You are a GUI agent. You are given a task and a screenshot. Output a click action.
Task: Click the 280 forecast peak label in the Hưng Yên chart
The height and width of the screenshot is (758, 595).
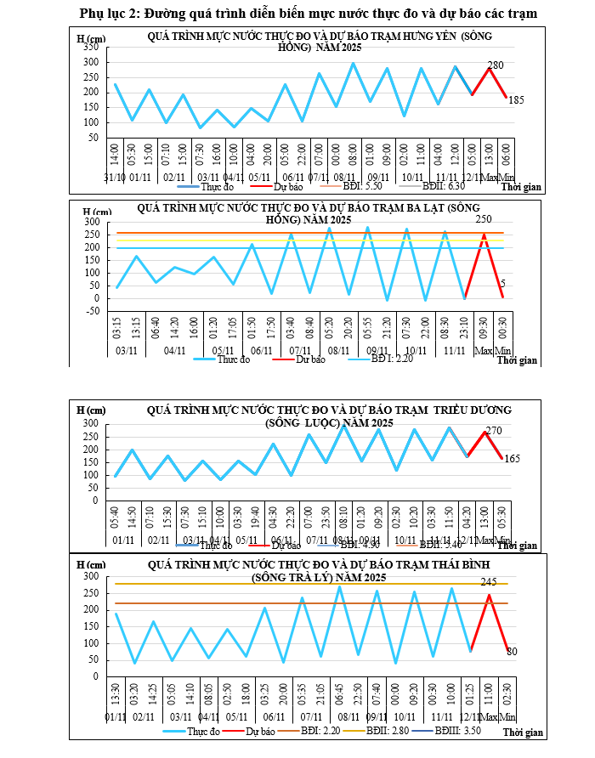tap(496, 65)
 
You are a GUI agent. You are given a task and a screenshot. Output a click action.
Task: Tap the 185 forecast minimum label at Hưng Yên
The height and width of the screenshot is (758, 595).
tap(516, 100)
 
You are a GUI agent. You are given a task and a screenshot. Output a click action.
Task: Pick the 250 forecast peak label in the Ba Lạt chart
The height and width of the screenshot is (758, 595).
tap(485, 219)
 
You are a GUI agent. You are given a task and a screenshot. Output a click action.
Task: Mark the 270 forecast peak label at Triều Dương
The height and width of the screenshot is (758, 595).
tap(494, 431)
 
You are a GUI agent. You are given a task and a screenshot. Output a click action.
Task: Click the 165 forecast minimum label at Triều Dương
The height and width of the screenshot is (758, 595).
tap(512, 459)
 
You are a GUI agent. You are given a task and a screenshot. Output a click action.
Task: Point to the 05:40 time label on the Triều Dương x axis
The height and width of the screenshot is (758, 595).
tap(116, 517)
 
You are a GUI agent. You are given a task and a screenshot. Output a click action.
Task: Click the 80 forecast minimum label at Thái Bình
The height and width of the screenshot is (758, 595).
tap(512, 652)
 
